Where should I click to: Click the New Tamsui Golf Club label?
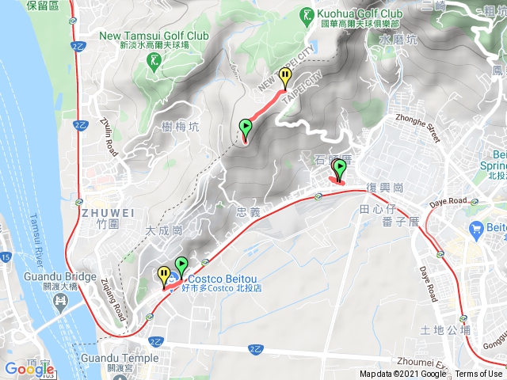click(x=154, y=36)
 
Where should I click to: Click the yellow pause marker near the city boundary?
click(x=285, y=77)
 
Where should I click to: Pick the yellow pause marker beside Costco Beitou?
click(x=164, y=275)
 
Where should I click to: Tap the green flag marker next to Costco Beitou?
click(x=181, y=267)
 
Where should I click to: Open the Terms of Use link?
click(x=478, y=374)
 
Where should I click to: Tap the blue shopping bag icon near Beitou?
click(x=477, y=231)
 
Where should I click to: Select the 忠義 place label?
click(x=248, y=212)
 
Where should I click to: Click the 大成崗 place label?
click(x=164, y=231)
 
